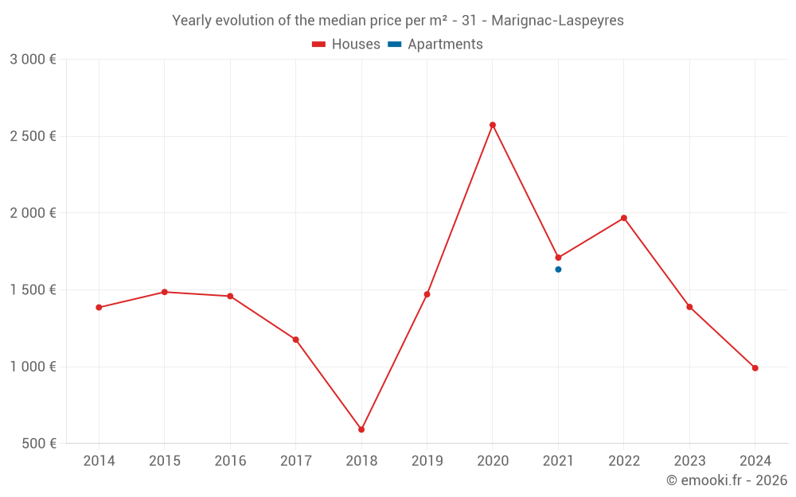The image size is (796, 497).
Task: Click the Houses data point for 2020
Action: pyautogui.click(x=493, y=125)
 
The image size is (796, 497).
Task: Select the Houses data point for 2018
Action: pyautogui.click(x=361, y=429)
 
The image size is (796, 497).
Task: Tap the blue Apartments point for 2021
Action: pyautogui.click(x=558, y=270)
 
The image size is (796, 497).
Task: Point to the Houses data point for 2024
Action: pyautogui.click(x=755, y=368)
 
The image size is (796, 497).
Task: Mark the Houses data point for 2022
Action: pyautogui.click(x=624, y=218)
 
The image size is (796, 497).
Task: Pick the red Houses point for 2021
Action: pyautogui.click(x=558, y=258)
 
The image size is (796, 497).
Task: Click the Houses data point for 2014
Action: pyautogui.click(x=99, y=308)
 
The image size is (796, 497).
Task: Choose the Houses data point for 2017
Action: pyautogui.click(x=296, y=340)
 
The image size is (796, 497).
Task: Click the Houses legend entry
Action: pyautogui.click(x=346, y=45)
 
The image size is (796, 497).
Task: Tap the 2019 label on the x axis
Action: pyautogui.click(x=427, y=461)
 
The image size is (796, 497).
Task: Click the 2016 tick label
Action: pyautogui.click(x=230, y=461)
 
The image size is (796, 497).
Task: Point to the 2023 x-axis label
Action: pyautogui.click(x=689, y=461)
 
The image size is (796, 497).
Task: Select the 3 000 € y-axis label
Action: pyautogui.click(x=33, y=60)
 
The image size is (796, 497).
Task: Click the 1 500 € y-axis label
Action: pyautogui.click(x=33, y=290)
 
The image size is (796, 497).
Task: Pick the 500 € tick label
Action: pyautogui.click(x=39, y=444)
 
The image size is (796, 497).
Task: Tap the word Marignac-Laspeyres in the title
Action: pyautogui.click(x=558, y=20)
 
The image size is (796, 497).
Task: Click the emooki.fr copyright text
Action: pyautogui.click(x=727, y=480)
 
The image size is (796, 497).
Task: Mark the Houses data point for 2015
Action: pyautogui.click(x=165, y=292)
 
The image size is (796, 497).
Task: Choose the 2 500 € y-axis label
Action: pyautogui.click(x=33, y=137)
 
